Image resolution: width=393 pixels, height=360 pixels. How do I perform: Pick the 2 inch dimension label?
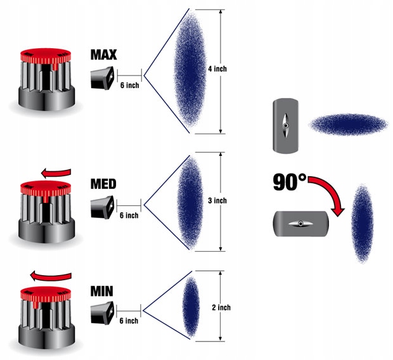221,307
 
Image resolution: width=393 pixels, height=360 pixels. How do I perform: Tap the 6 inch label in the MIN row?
129,321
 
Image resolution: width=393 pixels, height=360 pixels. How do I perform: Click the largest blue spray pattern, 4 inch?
190,70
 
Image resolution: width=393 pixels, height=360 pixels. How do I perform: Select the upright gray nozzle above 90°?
286,127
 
